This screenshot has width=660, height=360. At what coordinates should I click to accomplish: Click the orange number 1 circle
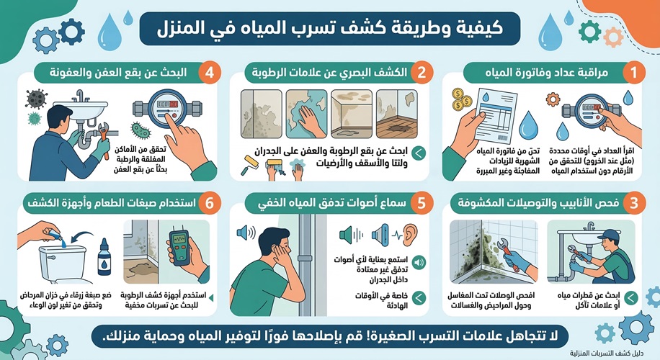[633, 73]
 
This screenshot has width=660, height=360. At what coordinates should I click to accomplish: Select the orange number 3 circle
[633, 204]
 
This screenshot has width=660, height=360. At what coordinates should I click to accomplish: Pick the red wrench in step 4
[97, 132]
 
